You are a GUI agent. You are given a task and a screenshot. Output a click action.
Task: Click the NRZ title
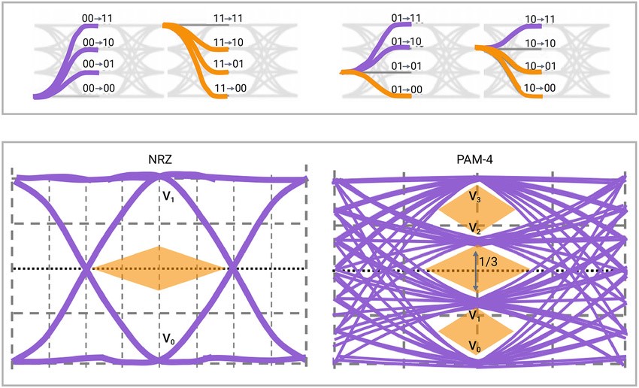[x=159, y=160]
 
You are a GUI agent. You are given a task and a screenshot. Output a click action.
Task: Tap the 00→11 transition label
[x=98, y=16]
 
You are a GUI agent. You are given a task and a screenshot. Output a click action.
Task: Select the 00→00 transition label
[x=98, y=89]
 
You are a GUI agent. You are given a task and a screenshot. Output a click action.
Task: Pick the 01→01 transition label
[x=407, y=66]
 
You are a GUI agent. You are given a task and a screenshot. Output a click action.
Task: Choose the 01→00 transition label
[x=407, y=89]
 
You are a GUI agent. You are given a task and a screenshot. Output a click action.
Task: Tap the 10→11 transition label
[x=540, y=19]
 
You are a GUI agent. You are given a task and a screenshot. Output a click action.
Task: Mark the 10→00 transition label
[x=540, y=89]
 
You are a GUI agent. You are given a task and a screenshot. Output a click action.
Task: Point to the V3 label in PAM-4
[x=475, y=197]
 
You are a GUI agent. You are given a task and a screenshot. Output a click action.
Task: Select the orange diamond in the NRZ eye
[x=159, y=268]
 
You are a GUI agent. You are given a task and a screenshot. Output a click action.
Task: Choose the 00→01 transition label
[x=98, y=66]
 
